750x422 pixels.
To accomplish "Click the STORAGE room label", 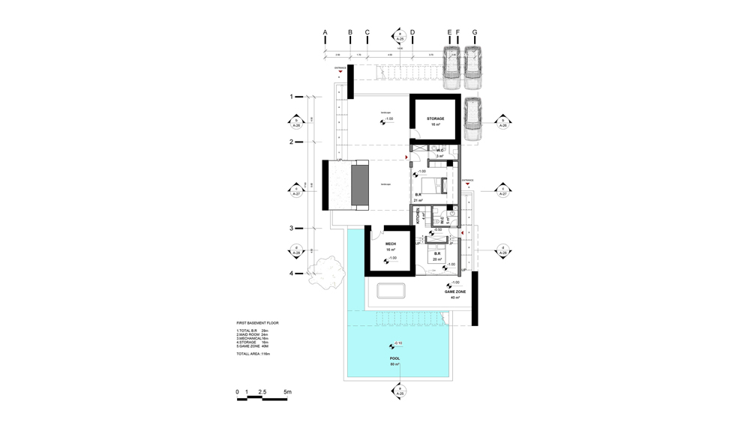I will point(436,118).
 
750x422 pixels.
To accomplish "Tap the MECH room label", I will point(391,244).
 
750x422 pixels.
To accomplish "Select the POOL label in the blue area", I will point(394,358).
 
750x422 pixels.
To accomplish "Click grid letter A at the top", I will point(325,33).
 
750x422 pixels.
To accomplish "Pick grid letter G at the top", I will point(474,33).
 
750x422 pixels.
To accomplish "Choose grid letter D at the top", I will point(412,33).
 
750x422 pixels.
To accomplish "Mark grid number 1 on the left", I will point(291,97).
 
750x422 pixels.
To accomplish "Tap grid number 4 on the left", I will point(291,274).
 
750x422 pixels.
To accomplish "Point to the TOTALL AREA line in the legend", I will point(253,353).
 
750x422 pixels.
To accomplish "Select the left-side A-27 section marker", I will point(295,190).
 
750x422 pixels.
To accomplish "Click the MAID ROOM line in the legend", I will point(252,334).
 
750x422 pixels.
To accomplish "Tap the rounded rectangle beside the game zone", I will point(393,291).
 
